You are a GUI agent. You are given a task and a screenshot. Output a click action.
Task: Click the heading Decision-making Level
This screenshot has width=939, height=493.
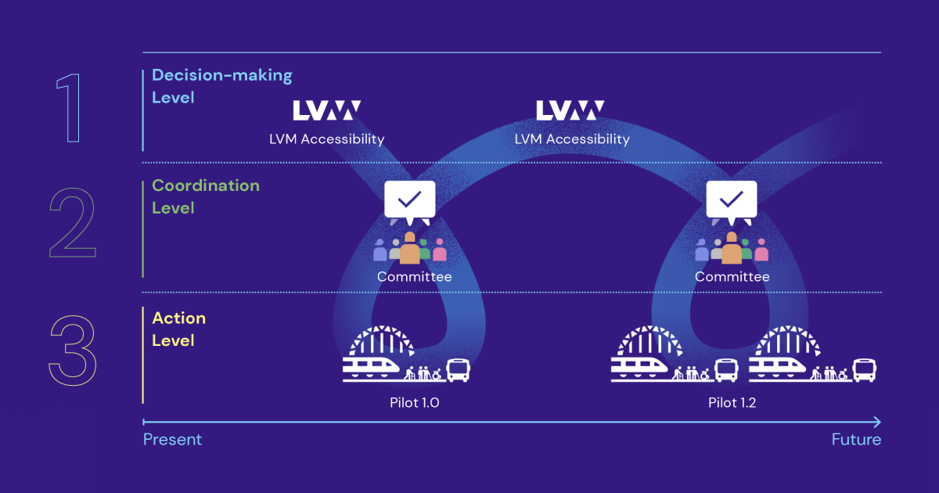[x=221, y=86]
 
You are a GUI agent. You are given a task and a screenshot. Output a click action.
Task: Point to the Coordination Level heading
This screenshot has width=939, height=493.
[x=205, y=196]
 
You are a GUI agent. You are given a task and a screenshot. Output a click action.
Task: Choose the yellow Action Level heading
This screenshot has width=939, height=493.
[x=178, y=329]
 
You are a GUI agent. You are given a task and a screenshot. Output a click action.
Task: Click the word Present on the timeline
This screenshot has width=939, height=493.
[x=172, y=439]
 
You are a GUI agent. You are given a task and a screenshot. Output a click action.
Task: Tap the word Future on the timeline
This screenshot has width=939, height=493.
[x=856, y=439]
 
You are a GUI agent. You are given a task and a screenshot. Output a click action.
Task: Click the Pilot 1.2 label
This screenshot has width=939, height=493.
[x=732, y=403]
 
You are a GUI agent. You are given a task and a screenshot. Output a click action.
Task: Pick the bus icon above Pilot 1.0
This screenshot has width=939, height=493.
[x=458, y=369]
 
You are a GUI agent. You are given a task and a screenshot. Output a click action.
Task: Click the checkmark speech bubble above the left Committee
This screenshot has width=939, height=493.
[x=409, y=201]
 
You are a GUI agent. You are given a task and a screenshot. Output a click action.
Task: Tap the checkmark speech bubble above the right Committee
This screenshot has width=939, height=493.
[x=732, y=201]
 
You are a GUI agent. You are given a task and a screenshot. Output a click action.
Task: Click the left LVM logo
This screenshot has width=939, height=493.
[x=327, y=110]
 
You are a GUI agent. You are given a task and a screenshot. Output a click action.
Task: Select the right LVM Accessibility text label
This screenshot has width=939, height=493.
[x=572, y=139]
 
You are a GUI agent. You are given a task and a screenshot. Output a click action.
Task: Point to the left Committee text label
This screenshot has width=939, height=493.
[x=414, y=276]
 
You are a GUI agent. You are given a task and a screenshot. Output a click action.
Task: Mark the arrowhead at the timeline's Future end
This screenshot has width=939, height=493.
[x=876, y=422]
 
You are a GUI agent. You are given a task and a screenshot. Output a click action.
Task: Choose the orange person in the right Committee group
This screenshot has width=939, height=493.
[x=732, y=248]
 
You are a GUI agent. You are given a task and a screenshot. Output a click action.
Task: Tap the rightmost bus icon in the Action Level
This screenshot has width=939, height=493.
[x=864, y=369]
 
